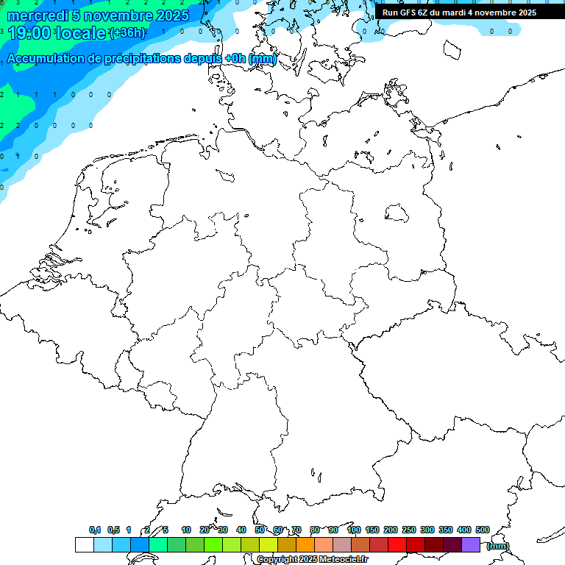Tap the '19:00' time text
point(29,33)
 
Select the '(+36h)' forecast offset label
point(127,33)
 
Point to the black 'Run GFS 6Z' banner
point(459,13)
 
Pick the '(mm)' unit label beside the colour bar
point(497,546)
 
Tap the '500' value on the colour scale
point(483,530)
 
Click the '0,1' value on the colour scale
point(95,530)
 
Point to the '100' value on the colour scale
point(354,530)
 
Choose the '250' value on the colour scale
point(409,530)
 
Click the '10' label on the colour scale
point(186,530)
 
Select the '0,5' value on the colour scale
point(113,530)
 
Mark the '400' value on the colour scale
point(464,530)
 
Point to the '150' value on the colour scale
point(372,530)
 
